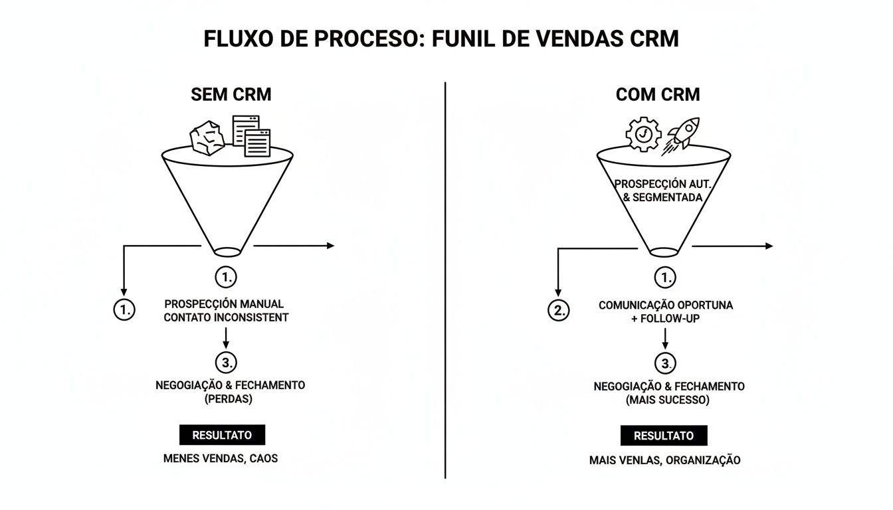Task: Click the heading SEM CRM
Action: pyautogui.click(x=231, y=94)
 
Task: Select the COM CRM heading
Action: pyautogui.click(x=657, y=94)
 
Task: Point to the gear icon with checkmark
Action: pyautogui.click(x=643, y=133)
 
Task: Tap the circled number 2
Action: pyautogui.click(x=558, y=310)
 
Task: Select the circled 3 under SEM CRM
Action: pyautogui.click(x=226, y=362)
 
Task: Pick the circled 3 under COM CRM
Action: pyautogui.click(x=665, y=363)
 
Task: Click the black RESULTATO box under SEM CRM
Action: pyautogui.click(x=222, y=436)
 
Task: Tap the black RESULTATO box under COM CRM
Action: pyautogui.click(x=663, y=436)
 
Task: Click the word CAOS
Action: pyautogui.click(x=264, y=458)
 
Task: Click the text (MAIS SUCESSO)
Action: pyautogui.click(x=667, y=400)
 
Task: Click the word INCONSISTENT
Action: pyautogui.click(x=252, y=317)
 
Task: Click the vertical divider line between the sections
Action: pyautogui.click(x=445, y=279)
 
